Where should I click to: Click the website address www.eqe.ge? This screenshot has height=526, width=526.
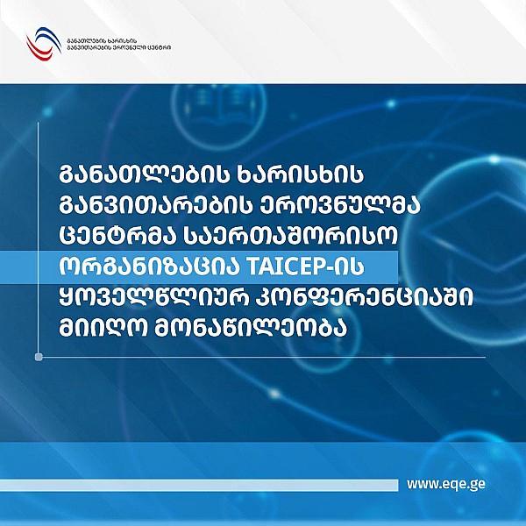click(447, 483)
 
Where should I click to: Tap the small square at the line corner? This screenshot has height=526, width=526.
click(39, 357)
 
